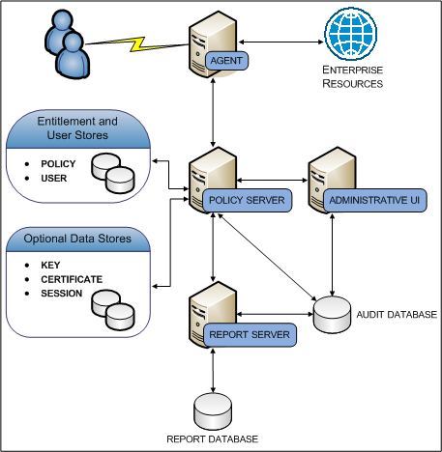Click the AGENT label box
point(228,61)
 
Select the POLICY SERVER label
point(246,200)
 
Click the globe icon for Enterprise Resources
point(353,37)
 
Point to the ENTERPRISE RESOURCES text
point(353,78)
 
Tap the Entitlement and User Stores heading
point(76,128)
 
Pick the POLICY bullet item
point(57,164)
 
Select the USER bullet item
point(53,178)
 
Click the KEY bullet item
point(50,265)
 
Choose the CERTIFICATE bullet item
point(72,278)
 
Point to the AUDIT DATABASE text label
point(398,314)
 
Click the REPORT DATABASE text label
point(213,438)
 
